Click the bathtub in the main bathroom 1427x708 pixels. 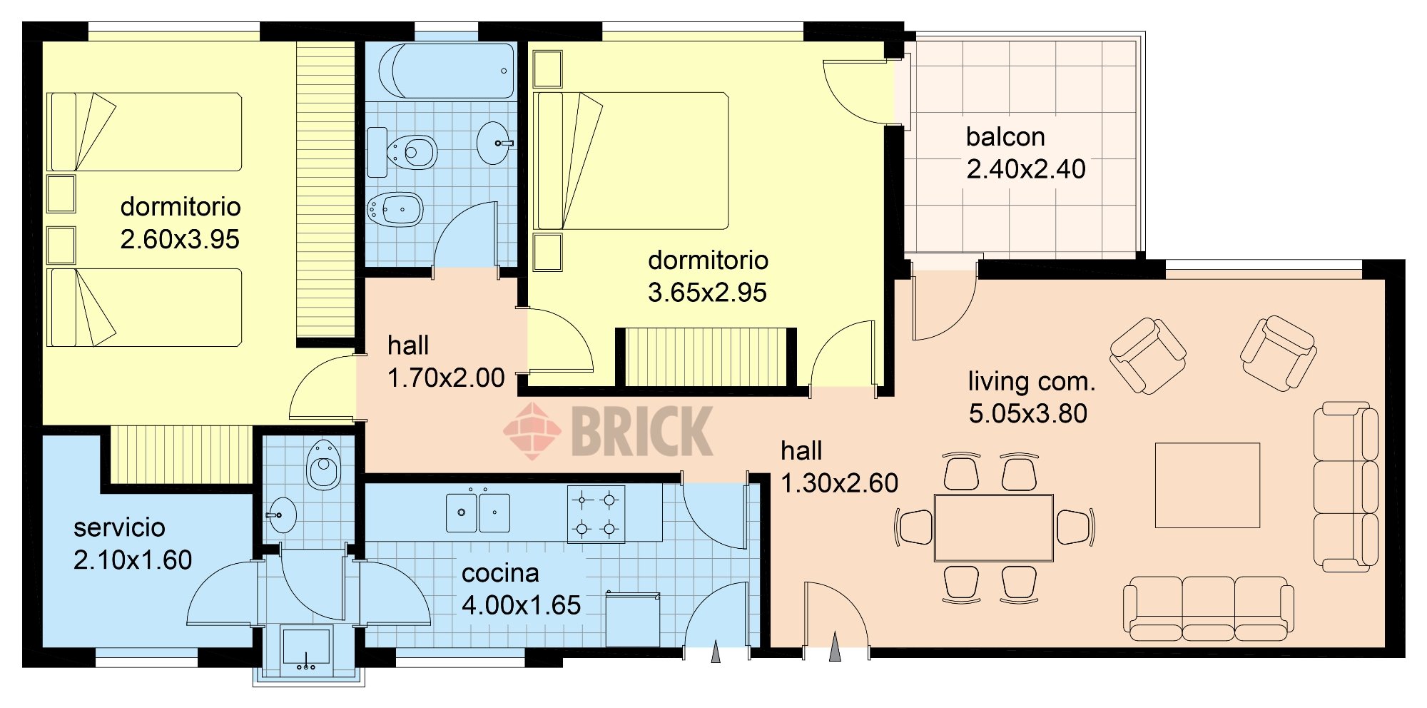[446, 71]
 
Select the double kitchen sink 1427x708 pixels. [478, 512]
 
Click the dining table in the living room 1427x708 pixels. [993, 528]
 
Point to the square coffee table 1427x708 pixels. [1207, 485]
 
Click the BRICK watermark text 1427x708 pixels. [642, 430]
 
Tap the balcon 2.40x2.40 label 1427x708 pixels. [1026, 153]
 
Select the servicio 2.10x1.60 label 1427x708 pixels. [133, 543]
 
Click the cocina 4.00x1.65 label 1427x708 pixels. [521, 589]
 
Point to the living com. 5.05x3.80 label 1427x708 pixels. [1031, 397]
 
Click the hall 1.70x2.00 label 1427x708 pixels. [446, 361]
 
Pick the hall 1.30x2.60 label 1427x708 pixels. [839, 467]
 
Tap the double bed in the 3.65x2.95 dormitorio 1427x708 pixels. [631, 161]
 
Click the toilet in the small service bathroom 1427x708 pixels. [324, 464]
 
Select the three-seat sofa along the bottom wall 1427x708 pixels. [1209, 608]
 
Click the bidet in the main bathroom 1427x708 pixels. [395, 209]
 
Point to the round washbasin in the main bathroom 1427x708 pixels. [494, 143]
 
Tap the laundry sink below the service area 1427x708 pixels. [306, 652]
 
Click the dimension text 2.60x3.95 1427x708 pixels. [180, 239]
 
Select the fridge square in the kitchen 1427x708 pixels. [633, 619]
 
